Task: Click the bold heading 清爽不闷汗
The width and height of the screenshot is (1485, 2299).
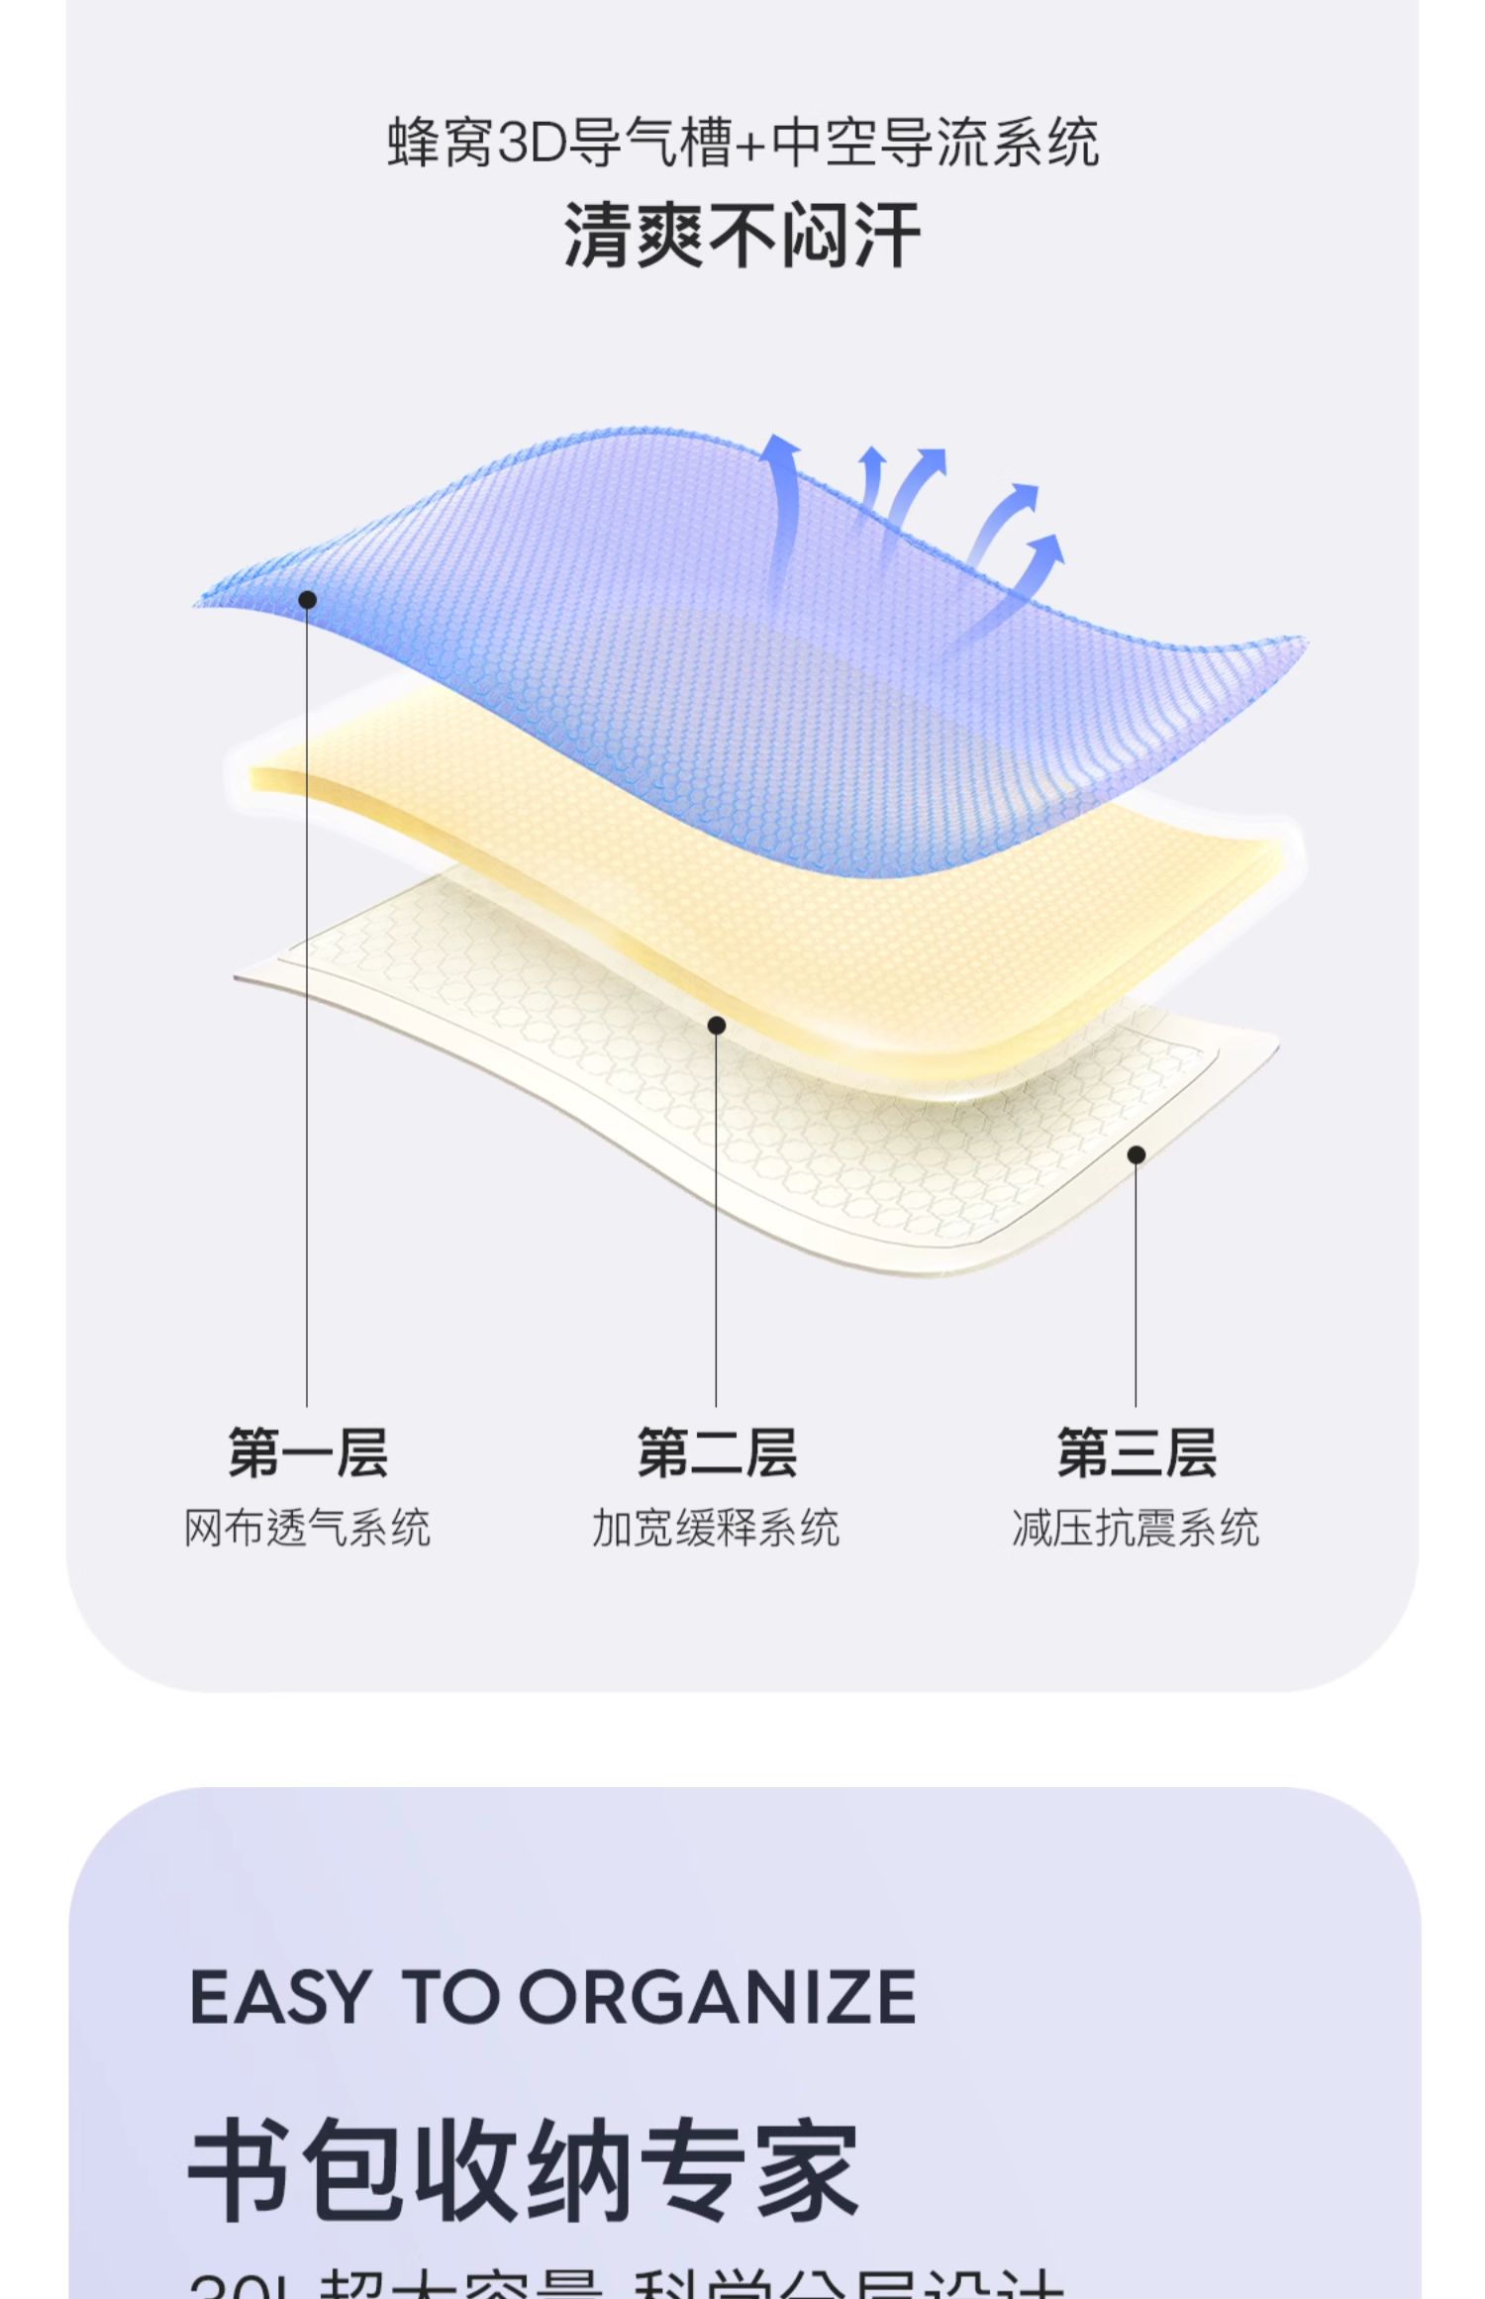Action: tap(742, 237)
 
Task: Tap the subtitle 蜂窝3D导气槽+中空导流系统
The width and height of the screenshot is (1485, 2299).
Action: tap(742, 144)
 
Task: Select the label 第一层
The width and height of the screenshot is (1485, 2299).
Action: tap(308, 1452)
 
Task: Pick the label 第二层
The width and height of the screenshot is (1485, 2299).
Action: tap(717, 1452)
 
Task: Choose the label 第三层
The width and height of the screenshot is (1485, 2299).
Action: tap(1137, 1452)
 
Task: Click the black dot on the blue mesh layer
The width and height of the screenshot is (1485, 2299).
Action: tap(308, 600)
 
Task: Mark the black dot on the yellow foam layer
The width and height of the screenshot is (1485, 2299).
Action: tap(717, 1026)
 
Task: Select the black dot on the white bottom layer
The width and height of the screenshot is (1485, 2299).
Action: tap(1137, 1154)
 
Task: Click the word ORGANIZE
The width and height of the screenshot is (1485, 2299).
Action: tap(718, 1997)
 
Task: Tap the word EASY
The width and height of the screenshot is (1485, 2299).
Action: tap(279, 1997)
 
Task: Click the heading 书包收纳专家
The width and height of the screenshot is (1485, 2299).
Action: tap(524, 2172)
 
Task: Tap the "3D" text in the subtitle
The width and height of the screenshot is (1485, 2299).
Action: tap(531, 144)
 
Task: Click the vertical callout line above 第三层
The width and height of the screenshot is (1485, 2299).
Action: tap(1136, 1287)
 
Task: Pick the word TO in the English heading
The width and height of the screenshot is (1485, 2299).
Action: tap(450, 1997)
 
